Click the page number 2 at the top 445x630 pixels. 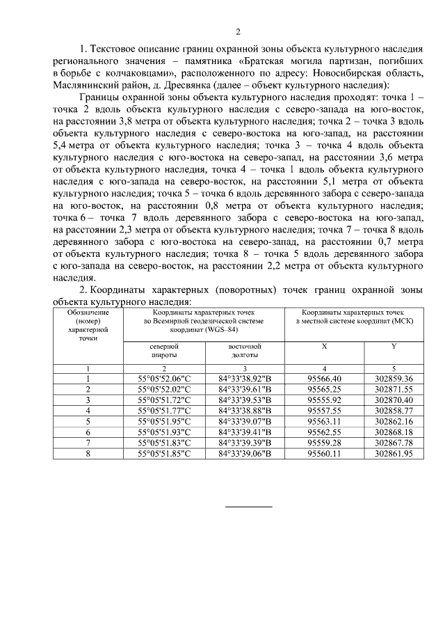click(x=238, y=31)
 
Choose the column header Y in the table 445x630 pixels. click(x=394, y=346)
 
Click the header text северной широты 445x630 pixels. click(x=164, y=350)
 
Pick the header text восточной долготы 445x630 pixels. click(x=244, y=350)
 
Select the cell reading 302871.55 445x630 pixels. click(x=394, y=389)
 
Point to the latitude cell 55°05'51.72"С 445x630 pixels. click(x=164, y=400)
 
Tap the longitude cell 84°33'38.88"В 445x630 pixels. click(x=244, y=411)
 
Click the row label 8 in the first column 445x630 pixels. click(x=88, y=454)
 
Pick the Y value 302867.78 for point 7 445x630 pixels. click(x=394, y=443)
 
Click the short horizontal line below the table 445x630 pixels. click(x=248, y=506)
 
